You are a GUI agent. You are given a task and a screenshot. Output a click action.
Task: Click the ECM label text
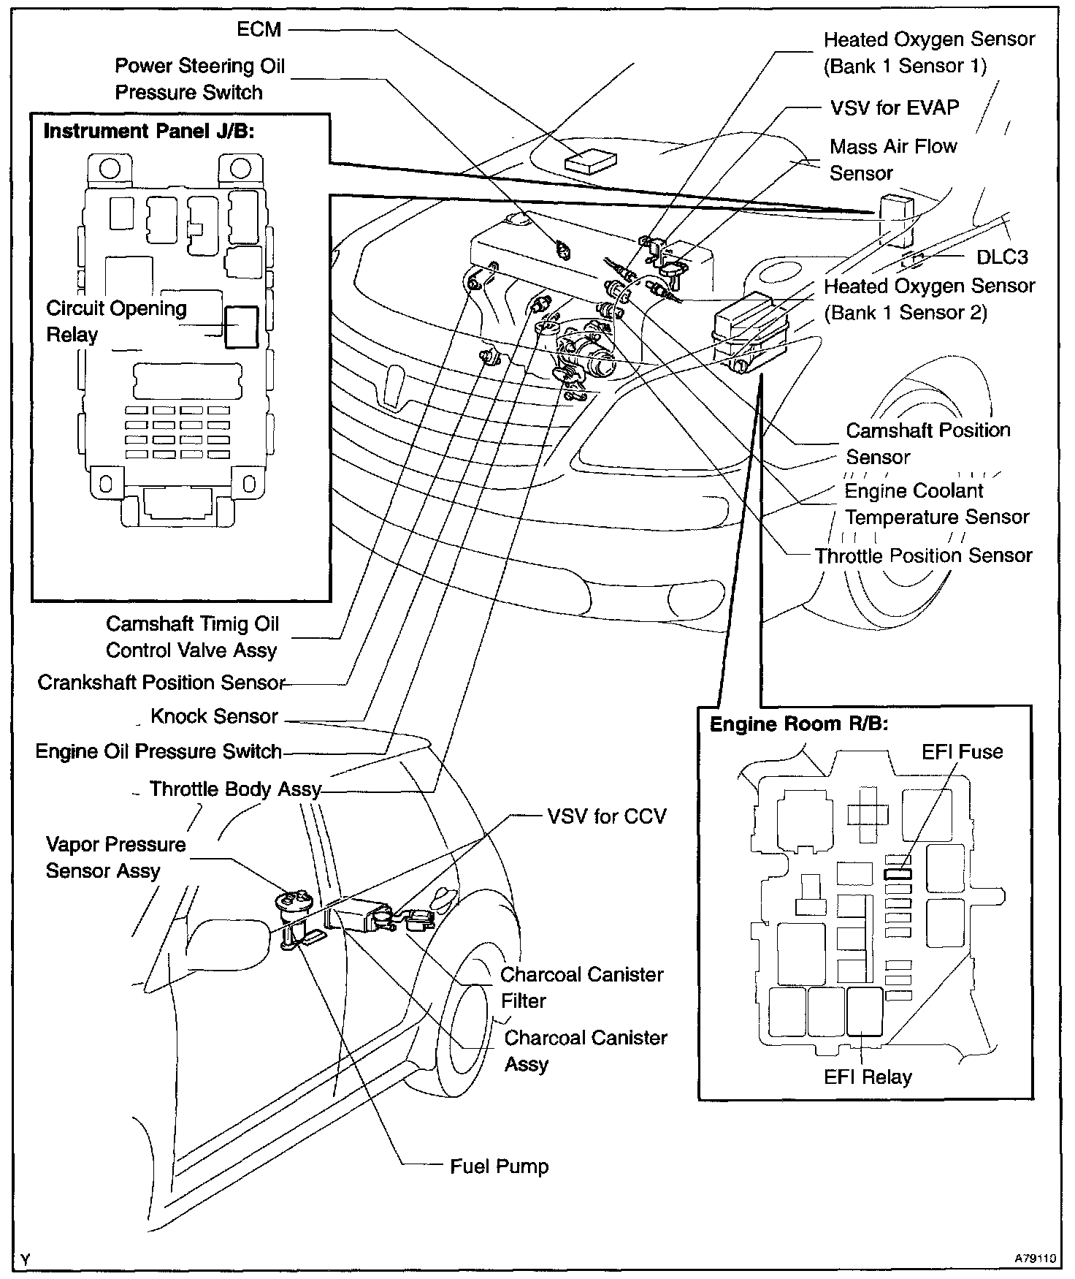click(x=259, y=29)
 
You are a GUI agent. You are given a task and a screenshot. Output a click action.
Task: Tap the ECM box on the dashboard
click(x=592, y=160)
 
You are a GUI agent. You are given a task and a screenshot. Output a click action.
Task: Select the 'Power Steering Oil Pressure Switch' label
click(x=199, y=79)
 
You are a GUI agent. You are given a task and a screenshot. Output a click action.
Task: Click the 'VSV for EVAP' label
click(x=895, y=107)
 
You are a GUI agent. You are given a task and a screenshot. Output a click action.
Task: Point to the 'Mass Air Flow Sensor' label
click(x=892, y=159)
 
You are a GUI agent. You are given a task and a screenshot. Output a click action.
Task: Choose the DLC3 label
click(x=1002, y=257)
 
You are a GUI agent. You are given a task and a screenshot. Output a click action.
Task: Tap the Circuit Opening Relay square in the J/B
click(x=241, y=326)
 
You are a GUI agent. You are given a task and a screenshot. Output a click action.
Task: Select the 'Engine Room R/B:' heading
click(x=799, y=724)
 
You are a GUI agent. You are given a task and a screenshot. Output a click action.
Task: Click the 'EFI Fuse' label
click(x=962, y=752)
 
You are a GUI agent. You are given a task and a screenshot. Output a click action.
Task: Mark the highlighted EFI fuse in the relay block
click(x=898, y=873)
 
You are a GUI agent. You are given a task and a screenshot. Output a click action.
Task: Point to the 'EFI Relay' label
click(x=868, y=1077)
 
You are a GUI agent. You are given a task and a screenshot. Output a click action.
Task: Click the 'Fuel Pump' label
click(x=499, y=1166)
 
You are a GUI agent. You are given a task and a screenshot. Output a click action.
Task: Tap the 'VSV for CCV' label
click(x=606, y=816)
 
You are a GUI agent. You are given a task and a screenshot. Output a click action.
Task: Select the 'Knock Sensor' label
click(x=214, y=716)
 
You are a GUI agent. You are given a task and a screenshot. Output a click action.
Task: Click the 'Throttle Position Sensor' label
click(x=923, y=555)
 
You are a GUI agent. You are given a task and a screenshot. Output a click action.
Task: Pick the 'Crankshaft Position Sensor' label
click(x=161, y=683)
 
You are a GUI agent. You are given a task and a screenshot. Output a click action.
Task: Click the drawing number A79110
click(x=1035, y=1259)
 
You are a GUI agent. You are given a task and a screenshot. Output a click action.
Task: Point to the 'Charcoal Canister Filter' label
click(x=581, y=987)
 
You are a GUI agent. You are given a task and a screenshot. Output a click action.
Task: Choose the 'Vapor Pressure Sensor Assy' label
click(x=115, y=857)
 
